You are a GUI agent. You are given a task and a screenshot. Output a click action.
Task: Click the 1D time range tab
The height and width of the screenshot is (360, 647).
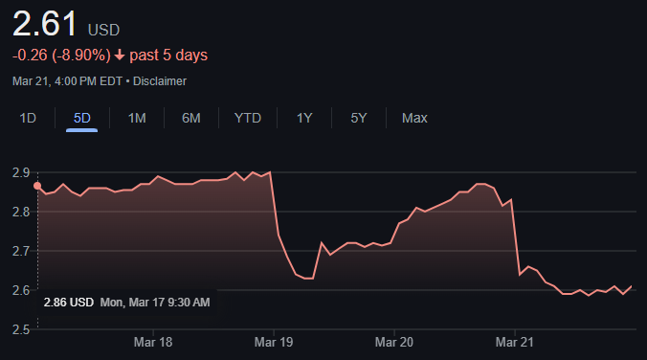coord(28,119)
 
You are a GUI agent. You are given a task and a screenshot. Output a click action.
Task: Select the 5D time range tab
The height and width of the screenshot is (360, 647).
coord(81,119)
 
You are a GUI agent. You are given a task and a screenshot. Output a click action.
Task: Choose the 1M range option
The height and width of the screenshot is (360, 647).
coord(137,119)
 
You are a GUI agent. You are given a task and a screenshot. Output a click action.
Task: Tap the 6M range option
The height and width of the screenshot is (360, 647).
coord(191,119)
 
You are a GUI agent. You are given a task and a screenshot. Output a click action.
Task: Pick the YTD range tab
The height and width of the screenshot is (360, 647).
coord(248,119)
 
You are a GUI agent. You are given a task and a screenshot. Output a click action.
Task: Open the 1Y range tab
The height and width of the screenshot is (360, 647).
coord(304,119)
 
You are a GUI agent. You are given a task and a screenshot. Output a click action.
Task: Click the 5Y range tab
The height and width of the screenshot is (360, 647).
coord(359,119)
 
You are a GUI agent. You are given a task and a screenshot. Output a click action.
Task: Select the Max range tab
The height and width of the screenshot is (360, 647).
coord(414,119)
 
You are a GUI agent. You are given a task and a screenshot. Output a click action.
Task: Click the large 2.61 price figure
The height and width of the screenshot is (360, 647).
coord(45,24)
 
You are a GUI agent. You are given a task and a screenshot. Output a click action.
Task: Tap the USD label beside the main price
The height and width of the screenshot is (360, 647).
coord(103,30)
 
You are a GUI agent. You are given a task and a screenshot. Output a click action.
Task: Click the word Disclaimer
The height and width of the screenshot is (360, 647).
coord(160,81)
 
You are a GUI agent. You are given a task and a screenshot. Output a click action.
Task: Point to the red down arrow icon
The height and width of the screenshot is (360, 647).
coord(120,55)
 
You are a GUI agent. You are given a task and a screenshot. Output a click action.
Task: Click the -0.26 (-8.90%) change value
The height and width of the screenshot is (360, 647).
coord(61,56)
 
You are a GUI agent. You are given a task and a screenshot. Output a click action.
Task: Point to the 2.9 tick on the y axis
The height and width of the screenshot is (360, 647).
coord(21,172)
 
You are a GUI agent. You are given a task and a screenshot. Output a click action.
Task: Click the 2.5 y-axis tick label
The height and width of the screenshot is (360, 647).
coord(21,329)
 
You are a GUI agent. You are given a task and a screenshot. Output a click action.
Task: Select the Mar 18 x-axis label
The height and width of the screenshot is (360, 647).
coord(153,342)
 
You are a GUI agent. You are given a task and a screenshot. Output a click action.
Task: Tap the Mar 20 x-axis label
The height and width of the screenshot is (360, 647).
coord(394,342)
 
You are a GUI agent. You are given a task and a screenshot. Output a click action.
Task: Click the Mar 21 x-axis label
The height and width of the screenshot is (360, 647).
coord(515,342)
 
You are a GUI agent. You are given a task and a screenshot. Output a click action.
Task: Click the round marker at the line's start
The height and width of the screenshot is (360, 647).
coord(37,186)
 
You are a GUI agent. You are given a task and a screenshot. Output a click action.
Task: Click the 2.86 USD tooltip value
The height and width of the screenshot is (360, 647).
coord(69,303)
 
